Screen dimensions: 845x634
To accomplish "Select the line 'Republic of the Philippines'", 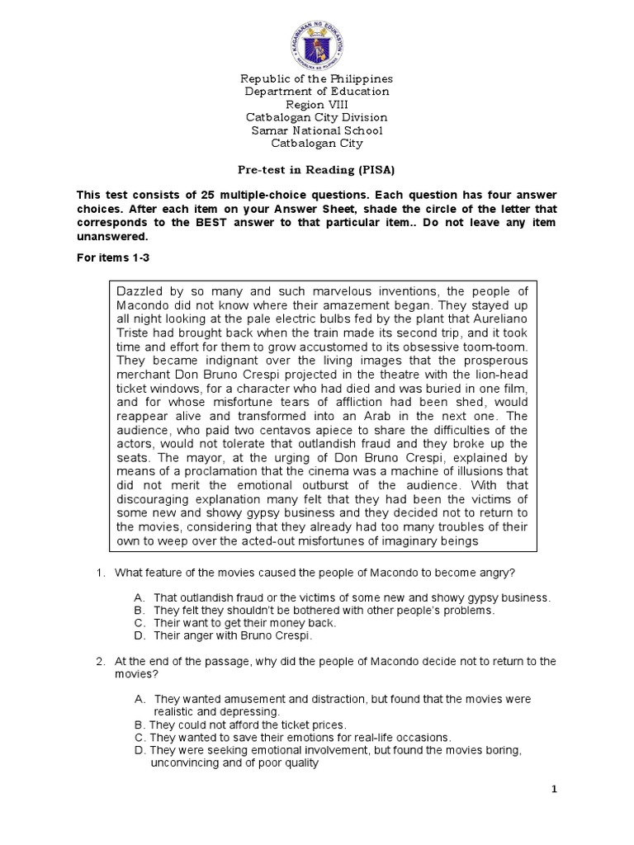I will click(x=317, y=78).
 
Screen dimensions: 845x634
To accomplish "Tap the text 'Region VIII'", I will click(x=317, y=105).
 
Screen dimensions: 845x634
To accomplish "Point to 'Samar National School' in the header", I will click(x=317, y=131).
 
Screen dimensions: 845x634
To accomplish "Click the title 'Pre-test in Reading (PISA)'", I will click(x=317, y=170).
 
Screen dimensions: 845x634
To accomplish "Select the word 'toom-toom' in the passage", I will click(x=487, y=347).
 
